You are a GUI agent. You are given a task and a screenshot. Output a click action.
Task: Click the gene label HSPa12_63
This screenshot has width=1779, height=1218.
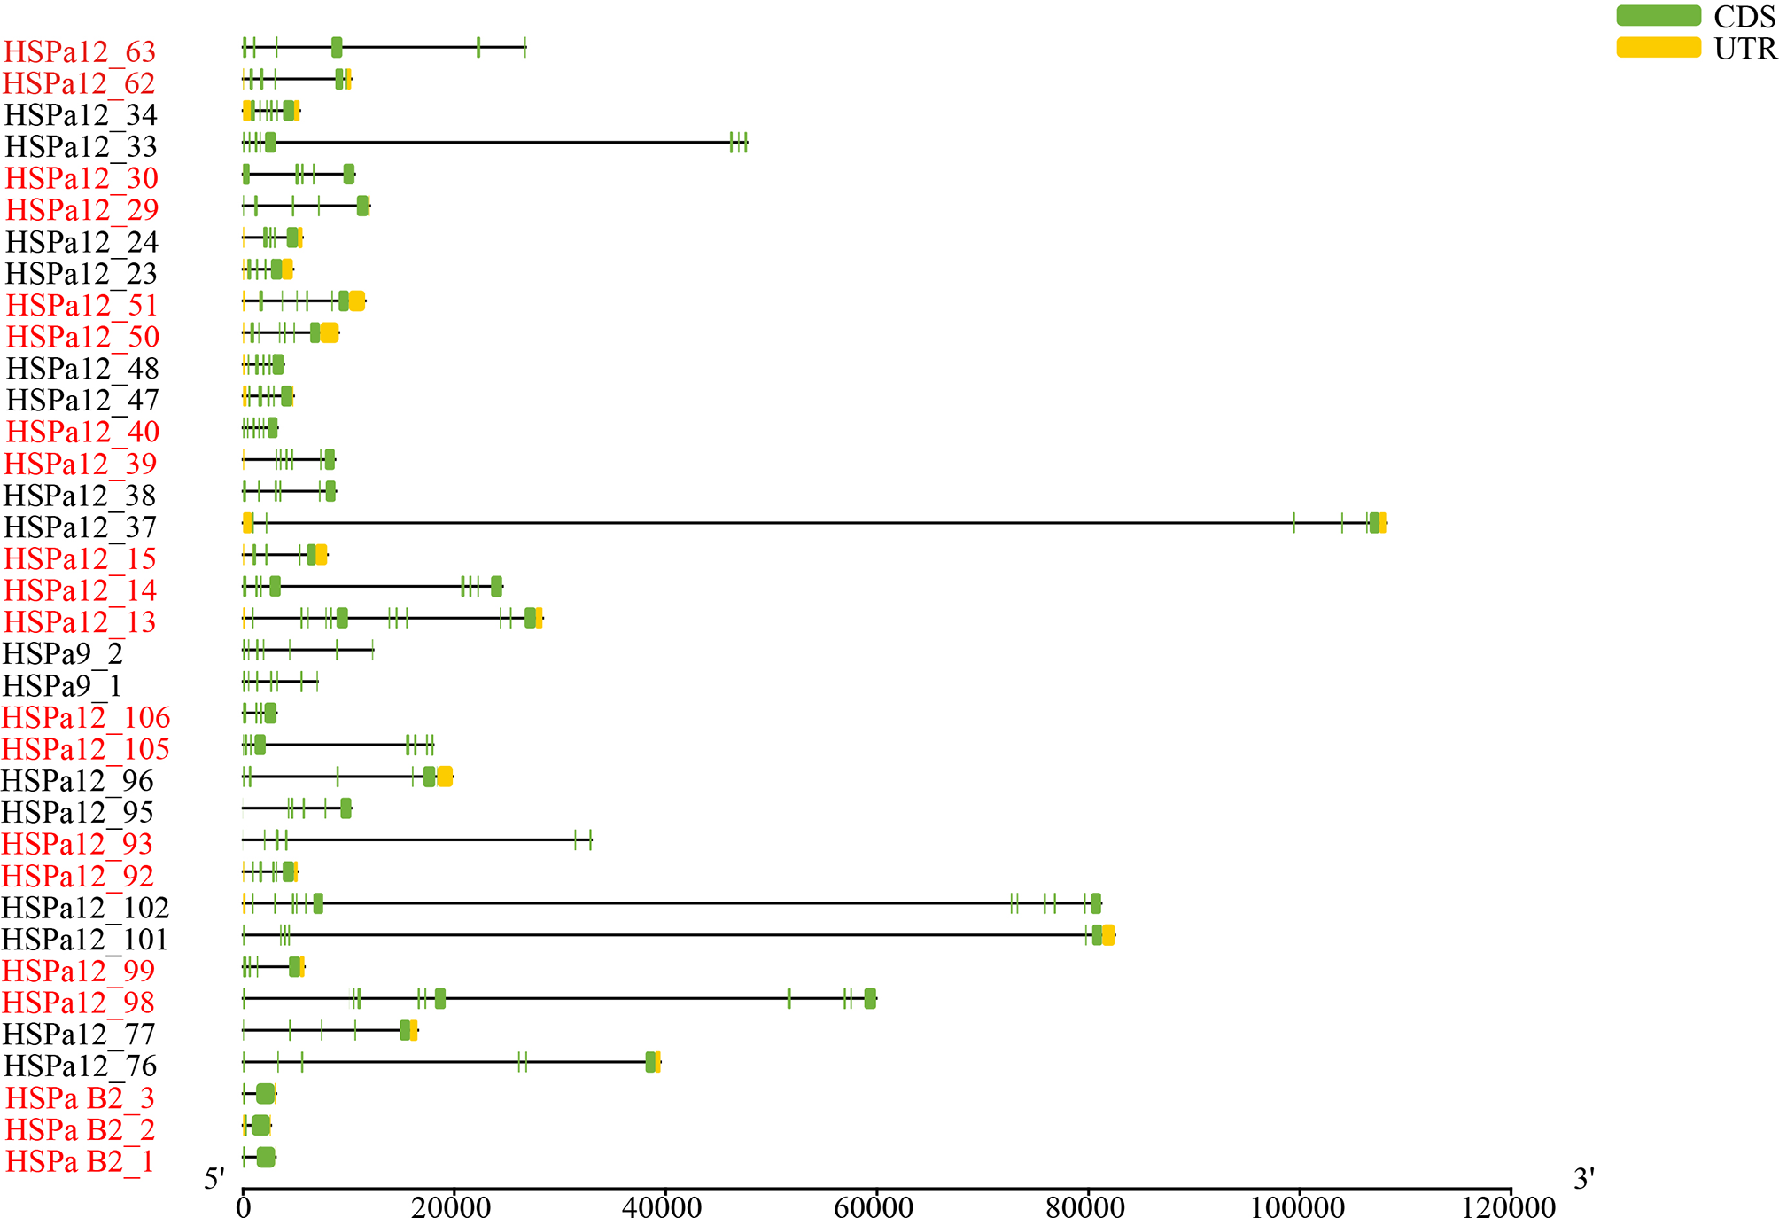(x=80, y=52)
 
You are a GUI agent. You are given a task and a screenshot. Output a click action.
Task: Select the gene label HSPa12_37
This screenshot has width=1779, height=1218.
(x=80, y=527)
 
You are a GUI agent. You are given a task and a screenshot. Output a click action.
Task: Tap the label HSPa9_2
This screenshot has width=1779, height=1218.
(x=63, y=654)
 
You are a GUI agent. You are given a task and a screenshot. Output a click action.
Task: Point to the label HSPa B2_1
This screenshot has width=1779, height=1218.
(x=80, y=1161)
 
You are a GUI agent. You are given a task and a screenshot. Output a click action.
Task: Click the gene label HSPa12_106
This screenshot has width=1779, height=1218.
(x=86, y=718)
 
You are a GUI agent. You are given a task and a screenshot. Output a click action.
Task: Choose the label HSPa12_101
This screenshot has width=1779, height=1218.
(x=84, y=940)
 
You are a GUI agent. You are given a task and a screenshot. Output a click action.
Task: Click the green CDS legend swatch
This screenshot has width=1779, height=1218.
(x=1658, y=16)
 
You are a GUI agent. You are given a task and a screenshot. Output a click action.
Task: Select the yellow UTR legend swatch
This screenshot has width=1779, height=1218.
(x=1658, y=48)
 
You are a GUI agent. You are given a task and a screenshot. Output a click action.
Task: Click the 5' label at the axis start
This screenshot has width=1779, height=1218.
(x=214, y=1179)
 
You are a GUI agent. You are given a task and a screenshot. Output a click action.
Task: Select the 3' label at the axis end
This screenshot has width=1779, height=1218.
(x=1584, y=1179)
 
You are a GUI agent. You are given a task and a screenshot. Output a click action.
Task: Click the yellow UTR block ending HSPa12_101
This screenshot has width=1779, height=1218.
(x=1108, y=935)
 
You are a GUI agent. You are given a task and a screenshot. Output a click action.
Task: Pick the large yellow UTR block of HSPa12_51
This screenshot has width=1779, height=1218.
(x=356, y=301)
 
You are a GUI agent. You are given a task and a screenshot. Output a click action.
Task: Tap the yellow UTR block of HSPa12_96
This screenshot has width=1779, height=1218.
(x=445, y=777)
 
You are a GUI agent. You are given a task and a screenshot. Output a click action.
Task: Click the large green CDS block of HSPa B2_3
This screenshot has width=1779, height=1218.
(x=265, y=1094)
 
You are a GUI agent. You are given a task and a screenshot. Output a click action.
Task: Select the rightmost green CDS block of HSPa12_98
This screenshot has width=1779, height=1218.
(x=870, y=998)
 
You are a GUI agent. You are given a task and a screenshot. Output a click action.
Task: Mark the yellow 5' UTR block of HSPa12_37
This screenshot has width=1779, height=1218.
(x=248, y=523)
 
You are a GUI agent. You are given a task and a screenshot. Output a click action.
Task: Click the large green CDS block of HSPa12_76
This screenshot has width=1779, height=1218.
(x=650, y=1062)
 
